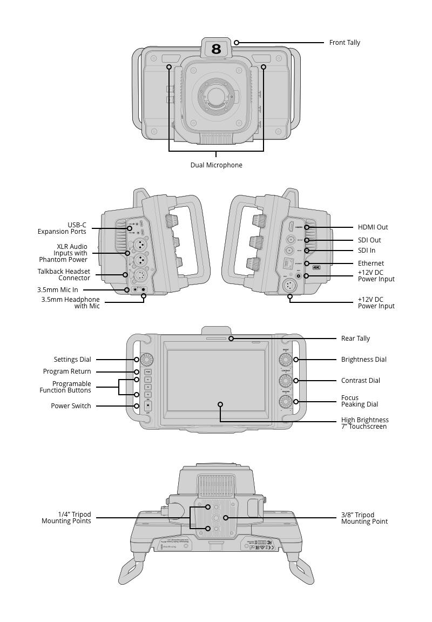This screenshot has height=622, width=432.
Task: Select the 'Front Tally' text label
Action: [x=345, y=43]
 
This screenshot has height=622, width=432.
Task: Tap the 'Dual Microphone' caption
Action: [x=216, y=165]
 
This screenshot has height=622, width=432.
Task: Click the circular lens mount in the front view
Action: [x=216, y=97]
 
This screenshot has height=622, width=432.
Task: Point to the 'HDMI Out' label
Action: [x=373, y=227]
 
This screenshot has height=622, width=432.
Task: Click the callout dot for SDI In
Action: [x=307, y=251]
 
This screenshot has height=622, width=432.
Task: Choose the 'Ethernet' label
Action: [x=371, y=263]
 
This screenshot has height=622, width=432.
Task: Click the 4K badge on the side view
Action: [x=316, y=267]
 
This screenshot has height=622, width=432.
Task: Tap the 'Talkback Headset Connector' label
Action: [x=64, y=275]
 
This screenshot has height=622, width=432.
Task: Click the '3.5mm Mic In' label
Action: [x=58, y=290]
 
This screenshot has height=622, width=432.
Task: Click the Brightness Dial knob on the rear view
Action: [x=285, y=360]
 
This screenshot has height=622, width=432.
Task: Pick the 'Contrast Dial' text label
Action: [x=360, y=381]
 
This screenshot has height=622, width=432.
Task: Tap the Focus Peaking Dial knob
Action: [x=285, y=402]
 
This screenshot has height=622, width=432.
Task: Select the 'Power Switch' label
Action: [x=71, y=406]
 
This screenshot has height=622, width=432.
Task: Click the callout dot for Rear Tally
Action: [x=231, y=339]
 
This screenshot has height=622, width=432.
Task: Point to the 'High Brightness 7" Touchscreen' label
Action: [x=364, y=423]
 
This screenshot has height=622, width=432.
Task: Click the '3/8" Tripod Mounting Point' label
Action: [x=364, y=518]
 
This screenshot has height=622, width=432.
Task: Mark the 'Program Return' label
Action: [x=67, y=371]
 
